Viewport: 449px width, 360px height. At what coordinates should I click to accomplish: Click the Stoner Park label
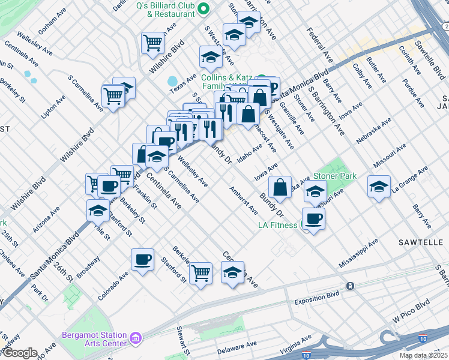(335, 176)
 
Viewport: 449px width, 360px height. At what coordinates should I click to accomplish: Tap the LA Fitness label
(278, 225)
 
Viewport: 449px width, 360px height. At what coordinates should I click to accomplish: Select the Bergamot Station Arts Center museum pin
(136, 340)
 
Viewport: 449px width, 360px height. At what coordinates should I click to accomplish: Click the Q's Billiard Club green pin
(203, 8)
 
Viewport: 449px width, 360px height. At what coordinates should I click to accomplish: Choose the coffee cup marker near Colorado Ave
(142, 260)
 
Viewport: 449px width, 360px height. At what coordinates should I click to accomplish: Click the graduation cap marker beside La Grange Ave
(379, 186)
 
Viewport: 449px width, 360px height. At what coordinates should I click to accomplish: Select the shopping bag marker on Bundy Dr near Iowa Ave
(280, 187)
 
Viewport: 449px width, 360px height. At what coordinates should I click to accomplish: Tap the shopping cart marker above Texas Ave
(152, 43)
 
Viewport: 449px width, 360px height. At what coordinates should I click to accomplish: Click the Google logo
(20, 353)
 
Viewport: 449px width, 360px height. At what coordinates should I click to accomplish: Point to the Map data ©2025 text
(423, 355)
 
